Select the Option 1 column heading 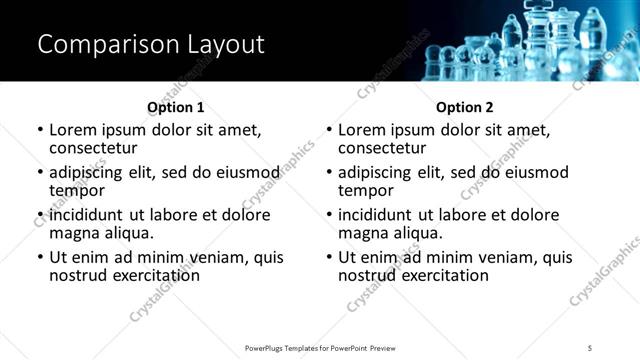pyautogui.click(x=176, y=107)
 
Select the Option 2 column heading pyautogui.click(x=465, y=107)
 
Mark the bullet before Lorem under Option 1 pyautogui.click(x=40, y=130)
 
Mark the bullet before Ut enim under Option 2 pyautogui.click(x=329, y=257)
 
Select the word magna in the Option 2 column pyautogui.click(x=361, y=233)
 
